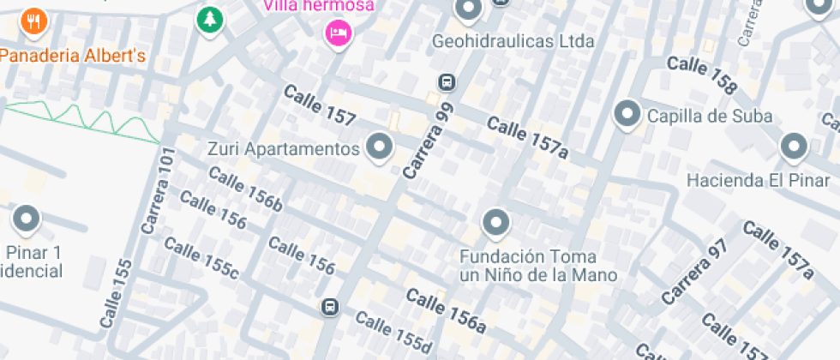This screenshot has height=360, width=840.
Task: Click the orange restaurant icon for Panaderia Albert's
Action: [x=34, y=21]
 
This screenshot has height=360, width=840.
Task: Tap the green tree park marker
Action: [x=208, y=20]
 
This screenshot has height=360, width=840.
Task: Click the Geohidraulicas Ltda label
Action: [x=513, y=41]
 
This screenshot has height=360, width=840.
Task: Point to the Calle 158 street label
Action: [x=702, y=75]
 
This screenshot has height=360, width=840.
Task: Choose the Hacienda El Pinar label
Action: [x=759, y=181]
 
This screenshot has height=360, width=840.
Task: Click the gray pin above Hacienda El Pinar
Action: [x=794, y=147]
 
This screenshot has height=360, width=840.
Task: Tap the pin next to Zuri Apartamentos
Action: [x=379, y=147]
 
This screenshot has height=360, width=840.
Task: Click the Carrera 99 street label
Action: [x=428, y=141]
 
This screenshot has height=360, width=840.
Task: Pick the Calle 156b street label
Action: [x=245, y=191]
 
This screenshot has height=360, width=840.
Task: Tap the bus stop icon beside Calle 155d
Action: [x=330, y=307]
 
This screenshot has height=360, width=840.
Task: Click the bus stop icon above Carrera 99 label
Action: [x=446, y=83]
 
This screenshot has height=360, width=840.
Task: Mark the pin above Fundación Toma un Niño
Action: [x=495, y=224]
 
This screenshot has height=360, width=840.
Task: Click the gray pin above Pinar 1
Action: [x=28, y=219]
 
